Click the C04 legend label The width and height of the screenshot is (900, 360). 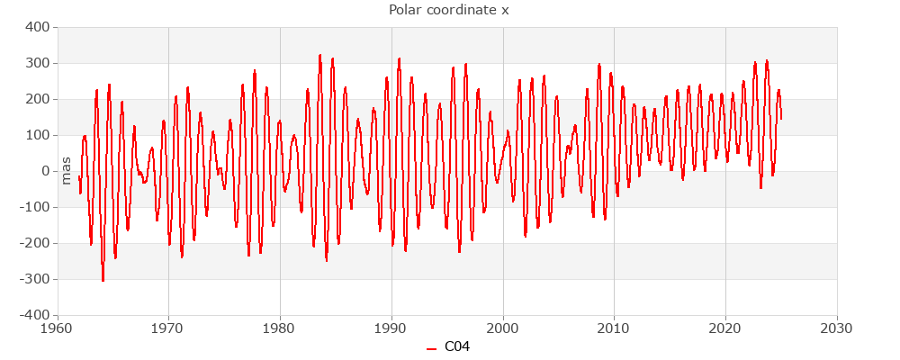point(457,346)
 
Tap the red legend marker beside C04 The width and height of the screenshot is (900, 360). point(432,347)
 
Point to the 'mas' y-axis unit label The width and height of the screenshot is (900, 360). point(66,170)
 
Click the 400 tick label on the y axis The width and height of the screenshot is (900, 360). point(36,27)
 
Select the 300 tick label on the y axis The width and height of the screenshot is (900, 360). point(36,63)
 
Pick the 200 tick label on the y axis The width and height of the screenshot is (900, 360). point(36,99)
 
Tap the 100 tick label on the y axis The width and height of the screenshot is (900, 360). point(36,135)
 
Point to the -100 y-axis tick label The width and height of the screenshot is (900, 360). point(33,207)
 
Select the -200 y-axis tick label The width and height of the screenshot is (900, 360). point(33,243)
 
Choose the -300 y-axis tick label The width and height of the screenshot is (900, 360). point(33,279)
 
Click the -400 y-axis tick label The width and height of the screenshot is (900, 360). point(33,315)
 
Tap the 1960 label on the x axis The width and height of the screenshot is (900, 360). point(58,328)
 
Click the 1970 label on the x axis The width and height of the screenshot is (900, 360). point(168,328)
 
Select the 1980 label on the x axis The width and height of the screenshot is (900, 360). point(280,328)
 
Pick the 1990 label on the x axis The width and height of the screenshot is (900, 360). point(391,328)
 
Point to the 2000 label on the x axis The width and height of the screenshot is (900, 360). point(502,328)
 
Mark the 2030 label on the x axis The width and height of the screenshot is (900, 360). point(837,328)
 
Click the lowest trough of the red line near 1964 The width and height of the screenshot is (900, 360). point(103,281)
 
